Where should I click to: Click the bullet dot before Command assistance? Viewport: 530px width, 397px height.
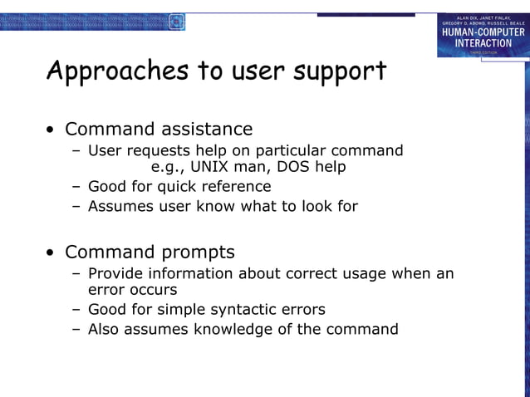(52, 130)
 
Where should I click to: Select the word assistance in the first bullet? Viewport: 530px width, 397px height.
(208, 130)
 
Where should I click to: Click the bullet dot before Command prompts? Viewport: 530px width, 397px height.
(52, 252)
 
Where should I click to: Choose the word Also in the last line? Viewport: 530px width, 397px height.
(105, 329)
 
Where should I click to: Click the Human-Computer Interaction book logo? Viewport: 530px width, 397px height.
(483, 35)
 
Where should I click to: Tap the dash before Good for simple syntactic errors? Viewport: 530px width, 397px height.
(76, 310)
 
